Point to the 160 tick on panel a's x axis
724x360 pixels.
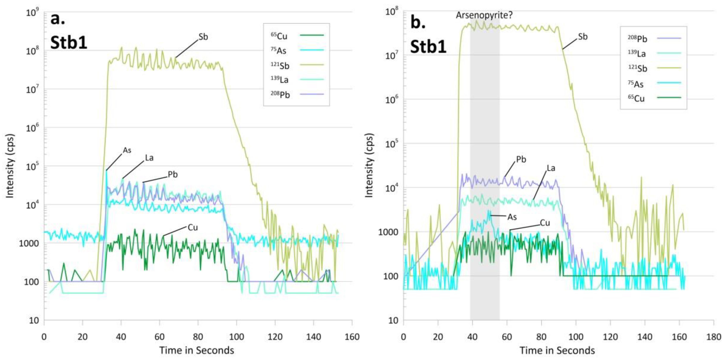coord(352,337)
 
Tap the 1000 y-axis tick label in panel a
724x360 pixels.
coord(29,243)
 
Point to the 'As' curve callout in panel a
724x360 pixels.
coord(127,150)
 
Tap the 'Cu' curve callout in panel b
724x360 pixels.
coord(545,223)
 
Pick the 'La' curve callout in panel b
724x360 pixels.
coord(551,168)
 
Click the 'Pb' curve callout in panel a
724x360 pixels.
coord(173,175)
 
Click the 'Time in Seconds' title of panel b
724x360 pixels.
coord(557,350)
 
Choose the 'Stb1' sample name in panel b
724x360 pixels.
coord(428,46)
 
